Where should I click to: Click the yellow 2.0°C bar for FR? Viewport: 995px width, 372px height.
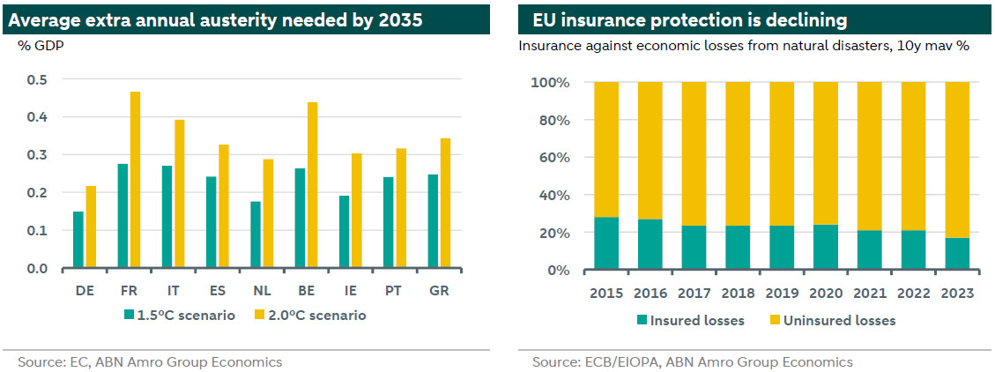point(135,180)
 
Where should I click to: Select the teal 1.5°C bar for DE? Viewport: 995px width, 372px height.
point(78,240)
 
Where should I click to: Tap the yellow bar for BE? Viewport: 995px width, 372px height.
point(312,185)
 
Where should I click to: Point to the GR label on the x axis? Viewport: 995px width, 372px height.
point(438,288)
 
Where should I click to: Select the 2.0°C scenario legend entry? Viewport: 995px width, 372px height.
point(309,314)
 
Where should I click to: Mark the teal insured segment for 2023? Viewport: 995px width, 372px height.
point(957,254)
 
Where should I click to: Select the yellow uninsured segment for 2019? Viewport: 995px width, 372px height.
point(783,154)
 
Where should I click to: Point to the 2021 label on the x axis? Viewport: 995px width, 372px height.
point(870,293)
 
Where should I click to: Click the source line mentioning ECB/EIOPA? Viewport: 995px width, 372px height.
point(692,361)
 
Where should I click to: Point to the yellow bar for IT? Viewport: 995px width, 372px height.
point(180,194)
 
